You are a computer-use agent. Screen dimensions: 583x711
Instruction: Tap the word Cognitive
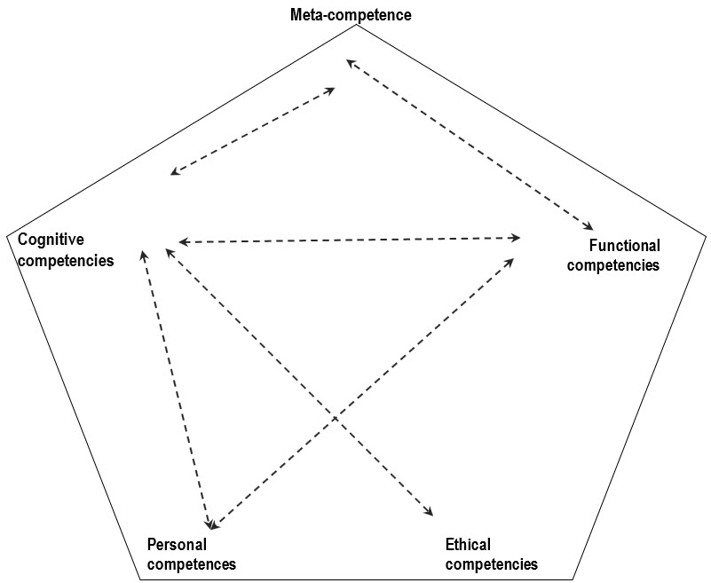click(x=51, y=240)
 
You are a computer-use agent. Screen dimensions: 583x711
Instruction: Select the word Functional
click(x=625, y=246)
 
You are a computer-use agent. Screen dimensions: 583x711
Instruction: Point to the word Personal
click(x=177, y=544)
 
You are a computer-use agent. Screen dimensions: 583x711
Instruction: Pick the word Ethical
click(x=468, y=544)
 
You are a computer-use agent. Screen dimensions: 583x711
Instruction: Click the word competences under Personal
click(x=191, y=563)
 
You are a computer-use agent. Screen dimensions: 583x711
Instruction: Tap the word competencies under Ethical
click(x=491, y=563)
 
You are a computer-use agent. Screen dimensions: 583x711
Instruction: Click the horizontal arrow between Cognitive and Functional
click(x=349, y=240)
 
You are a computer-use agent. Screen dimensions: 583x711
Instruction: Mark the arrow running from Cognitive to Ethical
click(x=299, y=382)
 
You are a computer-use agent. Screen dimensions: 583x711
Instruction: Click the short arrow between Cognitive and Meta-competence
click(x=253, y=130)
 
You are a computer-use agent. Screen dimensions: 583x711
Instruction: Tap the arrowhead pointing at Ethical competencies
click(x=430, y=512)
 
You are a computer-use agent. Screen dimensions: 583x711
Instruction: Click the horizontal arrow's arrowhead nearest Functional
click(x=517, y=237)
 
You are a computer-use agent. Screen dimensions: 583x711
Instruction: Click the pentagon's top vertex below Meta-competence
click(x=356, y=25)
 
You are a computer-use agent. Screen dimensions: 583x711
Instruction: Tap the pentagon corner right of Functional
click(x=706, y=235)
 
